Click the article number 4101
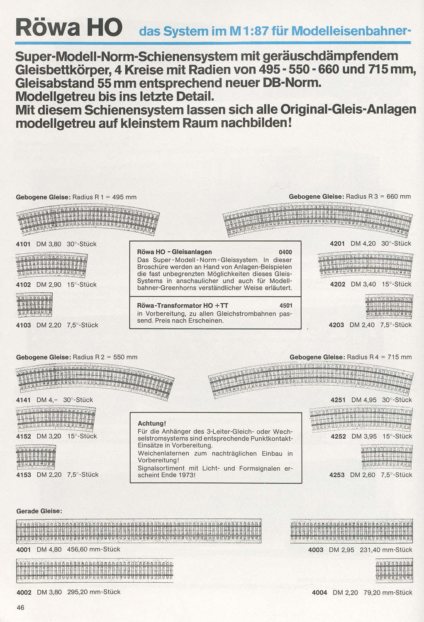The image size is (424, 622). pos(23,244)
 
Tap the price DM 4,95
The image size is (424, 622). pos(363,400)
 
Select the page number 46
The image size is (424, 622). pos(21,607)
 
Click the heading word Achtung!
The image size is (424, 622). pos(151,423)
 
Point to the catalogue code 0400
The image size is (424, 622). pos(285,252)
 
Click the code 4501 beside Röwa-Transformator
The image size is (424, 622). pos(286,306)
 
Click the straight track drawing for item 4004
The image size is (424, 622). pos(394,571)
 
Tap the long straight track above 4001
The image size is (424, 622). pos(139,531)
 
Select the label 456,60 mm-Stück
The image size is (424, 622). pos(94,549)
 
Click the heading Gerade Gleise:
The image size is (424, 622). pos(39,511)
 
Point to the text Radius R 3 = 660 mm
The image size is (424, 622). pos(378,197)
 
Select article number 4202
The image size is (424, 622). pos(338,284)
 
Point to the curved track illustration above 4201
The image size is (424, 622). pos(317,220)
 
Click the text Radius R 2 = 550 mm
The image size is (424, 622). pos(105,357)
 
